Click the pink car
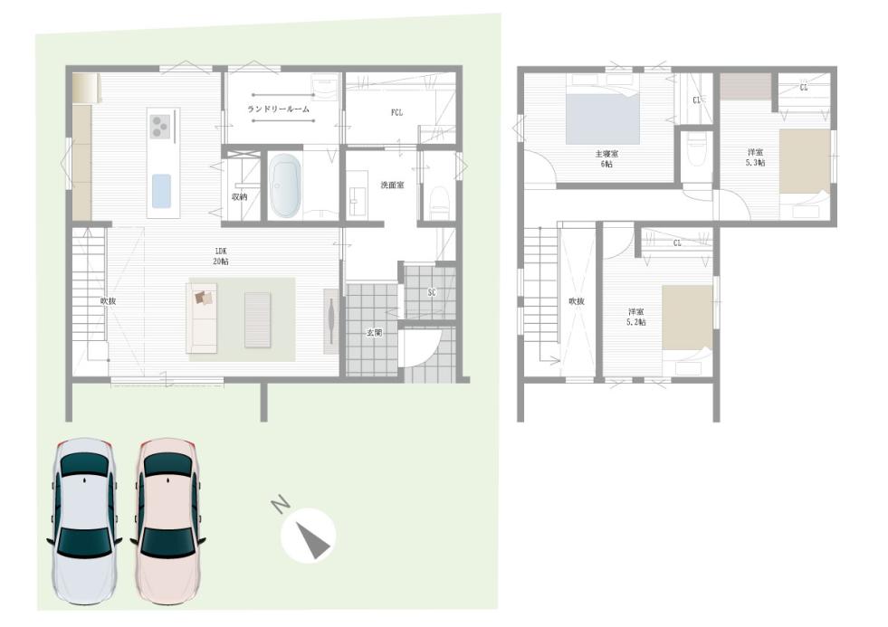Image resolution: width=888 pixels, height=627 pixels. coord(168,520)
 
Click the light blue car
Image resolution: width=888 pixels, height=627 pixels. coord(84,520)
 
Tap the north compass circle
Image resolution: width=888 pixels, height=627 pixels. coord(308,535)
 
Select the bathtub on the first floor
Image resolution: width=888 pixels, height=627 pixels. coord(284,185)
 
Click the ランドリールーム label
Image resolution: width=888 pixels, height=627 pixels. coord(279,109)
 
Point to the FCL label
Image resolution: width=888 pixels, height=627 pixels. coord(396,112)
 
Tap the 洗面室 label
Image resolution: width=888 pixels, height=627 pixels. coord(392,185)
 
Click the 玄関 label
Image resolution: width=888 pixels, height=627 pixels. coord(374,333)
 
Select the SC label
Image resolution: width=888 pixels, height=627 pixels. coord(432,292)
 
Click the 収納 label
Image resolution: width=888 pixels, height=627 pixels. coord(240,197)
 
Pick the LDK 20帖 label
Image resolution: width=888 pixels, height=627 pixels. coord(221,256)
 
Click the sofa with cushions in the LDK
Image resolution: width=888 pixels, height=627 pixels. coord(202,318)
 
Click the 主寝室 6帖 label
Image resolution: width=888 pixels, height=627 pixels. coord(606,159)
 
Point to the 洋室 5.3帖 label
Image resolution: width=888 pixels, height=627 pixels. coord(755,157)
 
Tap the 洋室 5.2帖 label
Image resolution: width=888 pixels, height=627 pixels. coord(636,317)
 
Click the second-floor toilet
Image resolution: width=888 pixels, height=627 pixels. coord(695,151)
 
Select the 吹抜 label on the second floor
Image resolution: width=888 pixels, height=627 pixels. coord(577,301)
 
